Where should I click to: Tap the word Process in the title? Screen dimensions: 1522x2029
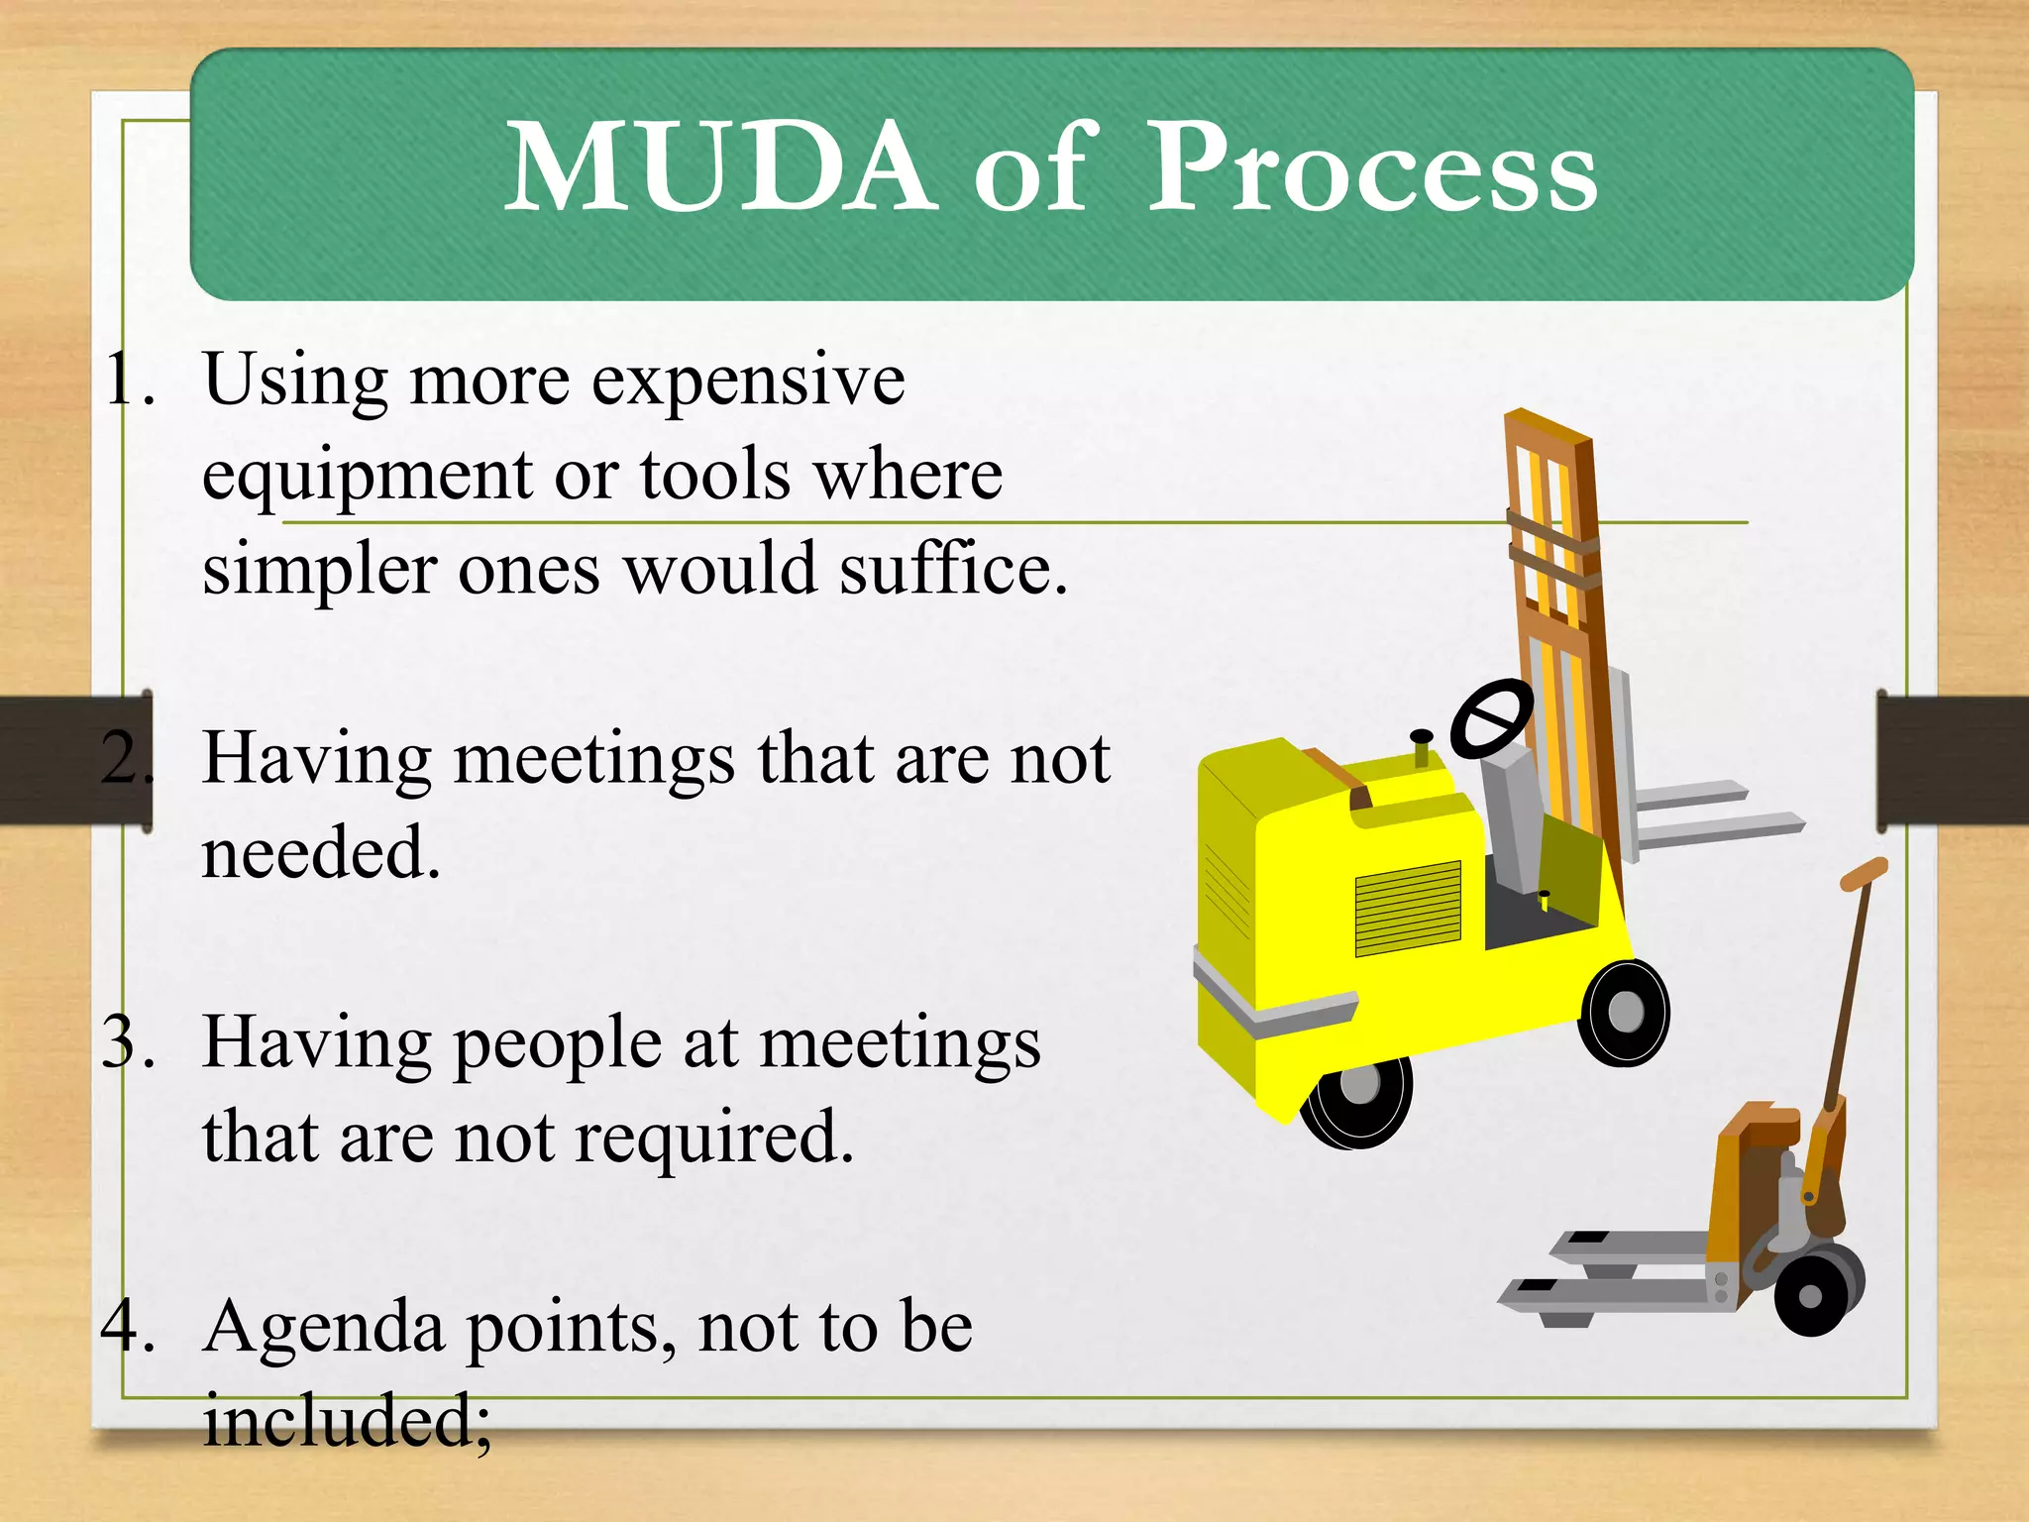1372,168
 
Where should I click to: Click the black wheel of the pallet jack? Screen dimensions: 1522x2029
1812,1294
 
